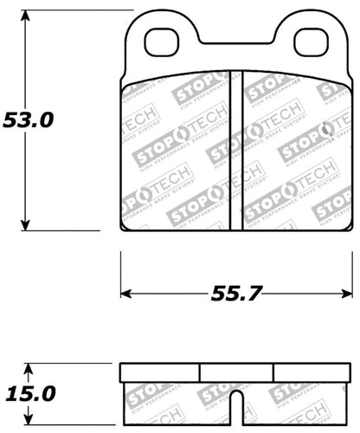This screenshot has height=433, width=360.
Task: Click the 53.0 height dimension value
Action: (28, 120)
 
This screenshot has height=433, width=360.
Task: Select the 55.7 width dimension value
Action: (236, 293)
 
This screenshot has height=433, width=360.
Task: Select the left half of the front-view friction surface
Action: (177, 152)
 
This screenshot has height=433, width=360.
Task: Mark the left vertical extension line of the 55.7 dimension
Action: (119, 273)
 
